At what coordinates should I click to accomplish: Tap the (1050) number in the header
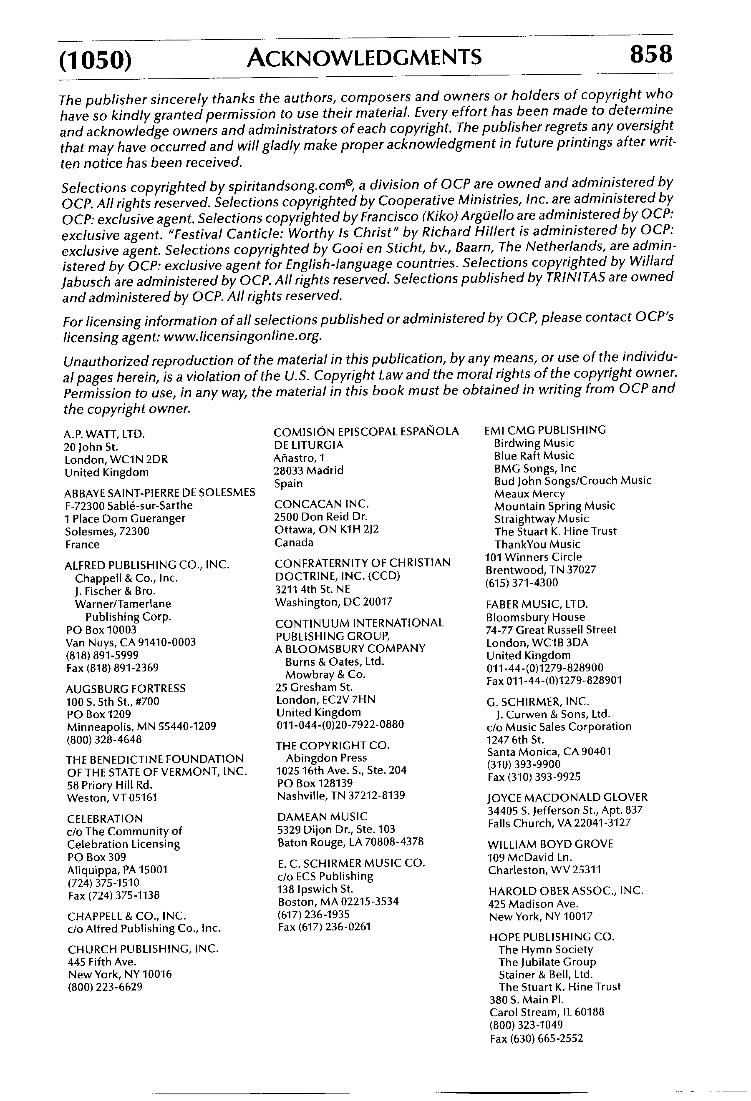[x=95, y=60]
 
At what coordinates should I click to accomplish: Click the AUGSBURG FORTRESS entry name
[x=126, y=689]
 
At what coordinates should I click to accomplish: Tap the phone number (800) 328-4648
[x=104, y=739]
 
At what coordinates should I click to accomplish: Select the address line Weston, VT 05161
[x=112, y=798]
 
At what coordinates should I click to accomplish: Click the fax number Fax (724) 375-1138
[x=114, y=895]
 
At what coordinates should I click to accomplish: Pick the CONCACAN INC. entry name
[x=321, y=504]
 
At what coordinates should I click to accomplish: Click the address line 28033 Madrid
[x=308, y=470]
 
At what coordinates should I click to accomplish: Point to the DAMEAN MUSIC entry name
[x=322, y=816]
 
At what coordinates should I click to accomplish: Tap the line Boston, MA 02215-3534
[x=338, y=901]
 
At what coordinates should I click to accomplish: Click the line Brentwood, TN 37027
[x=541, y=570]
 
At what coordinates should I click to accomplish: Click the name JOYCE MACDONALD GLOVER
[x=567, y=797]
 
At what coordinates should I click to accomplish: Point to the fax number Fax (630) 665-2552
[x=536, y=1038]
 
